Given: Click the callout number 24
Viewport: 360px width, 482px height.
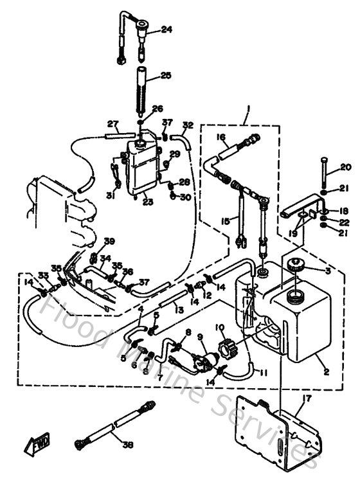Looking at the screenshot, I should pyautogui.click(x=166, y=29).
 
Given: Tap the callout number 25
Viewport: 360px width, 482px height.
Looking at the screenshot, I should pyautogui.click(x=166, y=76).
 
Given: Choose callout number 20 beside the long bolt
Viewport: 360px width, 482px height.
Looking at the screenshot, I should pyautogui.click(x=345, y=168).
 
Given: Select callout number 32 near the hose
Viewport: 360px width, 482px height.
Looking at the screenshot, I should pyautogui.click(x=188, y=125).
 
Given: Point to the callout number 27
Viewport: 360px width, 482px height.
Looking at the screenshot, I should pyautogui.click(x=113, y=123).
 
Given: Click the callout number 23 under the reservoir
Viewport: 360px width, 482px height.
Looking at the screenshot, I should pyautogui.click(x=148, y=201).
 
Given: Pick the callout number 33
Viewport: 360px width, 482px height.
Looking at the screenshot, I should pyautogui.click(x=42, y=274).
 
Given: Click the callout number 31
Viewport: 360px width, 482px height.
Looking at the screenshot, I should pyautogui.click(x=110, y=196).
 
